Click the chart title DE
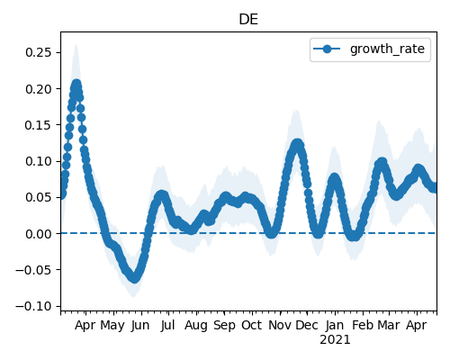(x=248, y=20)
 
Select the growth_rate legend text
(x=387, y=49)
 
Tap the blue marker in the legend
(x=327, y=49)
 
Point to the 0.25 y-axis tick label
(x=39, y=52)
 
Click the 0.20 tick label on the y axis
(x=39, y=89)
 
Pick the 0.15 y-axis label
(x=39, y=125)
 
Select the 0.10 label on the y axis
(x=39, y=161)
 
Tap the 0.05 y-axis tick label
(x=39, y=197)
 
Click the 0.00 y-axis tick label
(x=39, y=234)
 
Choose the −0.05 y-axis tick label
(x=34, y=270)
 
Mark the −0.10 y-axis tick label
(x=34, y=306)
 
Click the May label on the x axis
(x=112, y=326)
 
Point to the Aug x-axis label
(x=196, y=326)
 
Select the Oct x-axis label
(x=252, y=325)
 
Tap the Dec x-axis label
(x=307, y=325)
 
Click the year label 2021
(x=335, y=340)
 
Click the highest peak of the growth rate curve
(x=76, y=84)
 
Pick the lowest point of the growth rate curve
(x=135, y=278)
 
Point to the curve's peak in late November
(x=297, y=144)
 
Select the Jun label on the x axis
(x=140, y=326)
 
